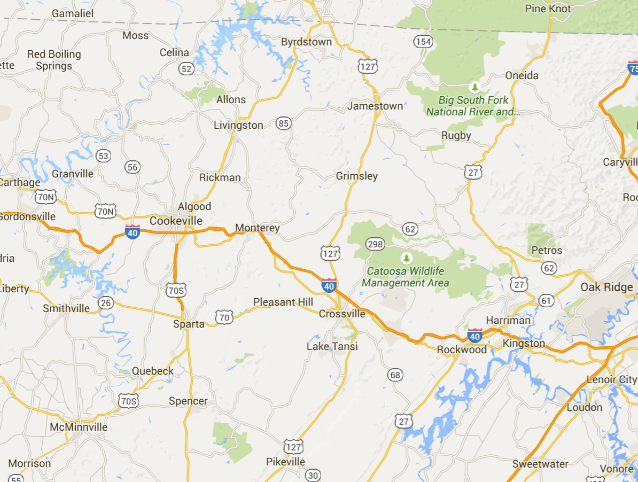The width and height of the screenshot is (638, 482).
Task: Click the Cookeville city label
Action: pos(176,221)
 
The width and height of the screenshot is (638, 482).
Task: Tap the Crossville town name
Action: pos(342,314)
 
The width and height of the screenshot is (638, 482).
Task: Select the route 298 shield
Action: pos(375,244)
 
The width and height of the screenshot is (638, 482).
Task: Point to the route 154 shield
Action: pos(423,42)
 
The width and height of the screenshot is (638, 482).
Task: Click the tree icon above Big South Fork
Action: pos(474,87)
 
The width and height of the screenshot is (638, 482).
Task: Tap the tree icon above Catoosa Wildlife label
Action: pos(407,259)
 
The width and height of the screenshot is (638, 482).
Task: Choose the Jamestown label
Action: pos(375,106)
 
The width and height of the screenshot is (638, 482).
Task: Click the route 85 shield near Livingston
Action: pos(283,124)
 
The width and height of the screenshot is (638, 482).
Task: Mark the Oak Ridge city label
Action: pos(606,287)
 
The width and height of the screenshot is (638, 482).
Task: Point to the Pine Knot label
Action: pos(548,9)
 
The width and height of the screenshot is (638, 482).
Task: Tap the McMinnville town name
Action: pos(78,427)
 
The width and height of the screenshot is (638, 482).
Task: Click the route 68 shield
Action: pos(395,375)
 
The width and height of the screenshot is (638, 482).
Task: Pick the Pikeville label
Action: pos(285,462)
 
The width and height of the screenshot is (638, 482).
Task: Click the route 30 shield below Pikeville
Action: pos(313,475)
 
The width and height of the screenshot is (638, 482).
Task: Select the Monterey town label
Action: pos(257,228)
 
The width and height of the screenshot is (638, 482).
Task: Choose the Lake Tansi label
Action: pos(332,347)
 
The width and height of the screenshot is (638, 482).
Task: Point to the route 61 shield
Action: pos(546,300)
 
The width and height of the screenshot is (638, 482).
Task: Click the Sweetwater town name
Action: pos(540,464)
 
